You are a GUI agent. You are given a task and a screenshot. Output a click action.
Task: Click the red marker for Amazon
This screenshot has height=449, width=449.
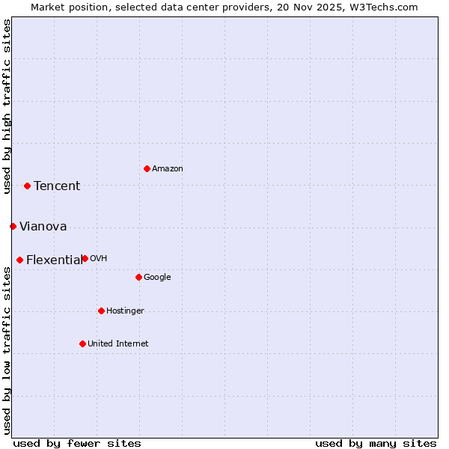[147, 168]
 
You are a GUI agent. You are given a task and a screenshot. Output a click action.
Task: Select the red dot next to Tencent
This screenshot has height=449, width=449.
[27, 186]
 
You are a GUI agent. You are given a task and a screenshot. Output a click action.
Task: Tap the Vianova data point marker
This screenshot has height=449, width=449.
[13, 226]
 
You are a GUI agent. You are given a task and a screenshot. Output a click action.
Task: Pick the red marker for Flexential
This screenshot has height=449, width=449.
[20, 260]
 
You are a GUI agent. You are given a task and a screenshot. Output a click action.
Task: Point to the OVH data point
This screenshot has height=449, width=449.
[85, 258]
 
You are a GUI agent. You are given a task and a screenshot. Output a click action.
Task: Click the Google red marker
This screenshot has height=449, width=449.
[138, 277]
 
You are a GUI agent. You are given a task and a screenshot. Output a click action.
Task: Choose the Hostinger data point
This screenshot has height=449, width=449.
[101, 311]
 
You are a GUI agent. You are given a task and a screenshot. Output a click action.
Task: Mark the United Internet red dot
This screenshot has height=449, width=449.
[82, 343]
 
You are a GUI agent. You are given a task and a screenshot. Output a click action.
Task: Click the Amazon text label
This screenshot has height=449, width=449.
[168, 169]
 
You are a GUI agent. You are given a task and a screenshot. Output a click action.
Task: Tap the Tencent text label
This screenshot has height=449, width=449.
[57, 186]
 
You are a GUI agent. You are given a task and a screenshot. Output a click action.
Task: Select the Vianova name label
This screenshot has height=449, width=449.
[43, 227]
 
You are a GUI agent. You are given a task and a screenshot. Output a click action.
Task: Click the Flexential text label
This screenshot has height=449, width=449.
[54, 260]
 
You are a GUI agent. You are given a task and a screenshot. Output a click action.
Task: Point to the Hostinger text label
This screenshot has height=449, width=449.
[125, 311]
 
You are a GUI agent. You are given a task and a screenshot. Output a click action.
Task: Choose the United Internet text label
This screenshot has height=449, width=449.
[118, 344]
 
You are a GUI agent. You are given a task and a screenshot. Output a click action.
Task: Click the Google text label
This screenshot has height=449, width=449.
[157, 278]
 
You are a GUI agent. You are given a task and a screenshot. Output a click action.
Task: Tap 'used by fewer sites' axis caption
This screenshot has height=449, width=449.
[77, 443]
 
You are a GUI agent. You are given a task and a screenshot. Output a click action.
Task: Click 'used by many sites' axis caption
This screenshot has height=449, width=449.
[376, 443]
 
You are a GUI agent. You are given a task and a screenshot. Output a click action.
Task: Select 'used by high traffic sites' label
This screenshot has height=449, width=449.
[7, 106]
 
